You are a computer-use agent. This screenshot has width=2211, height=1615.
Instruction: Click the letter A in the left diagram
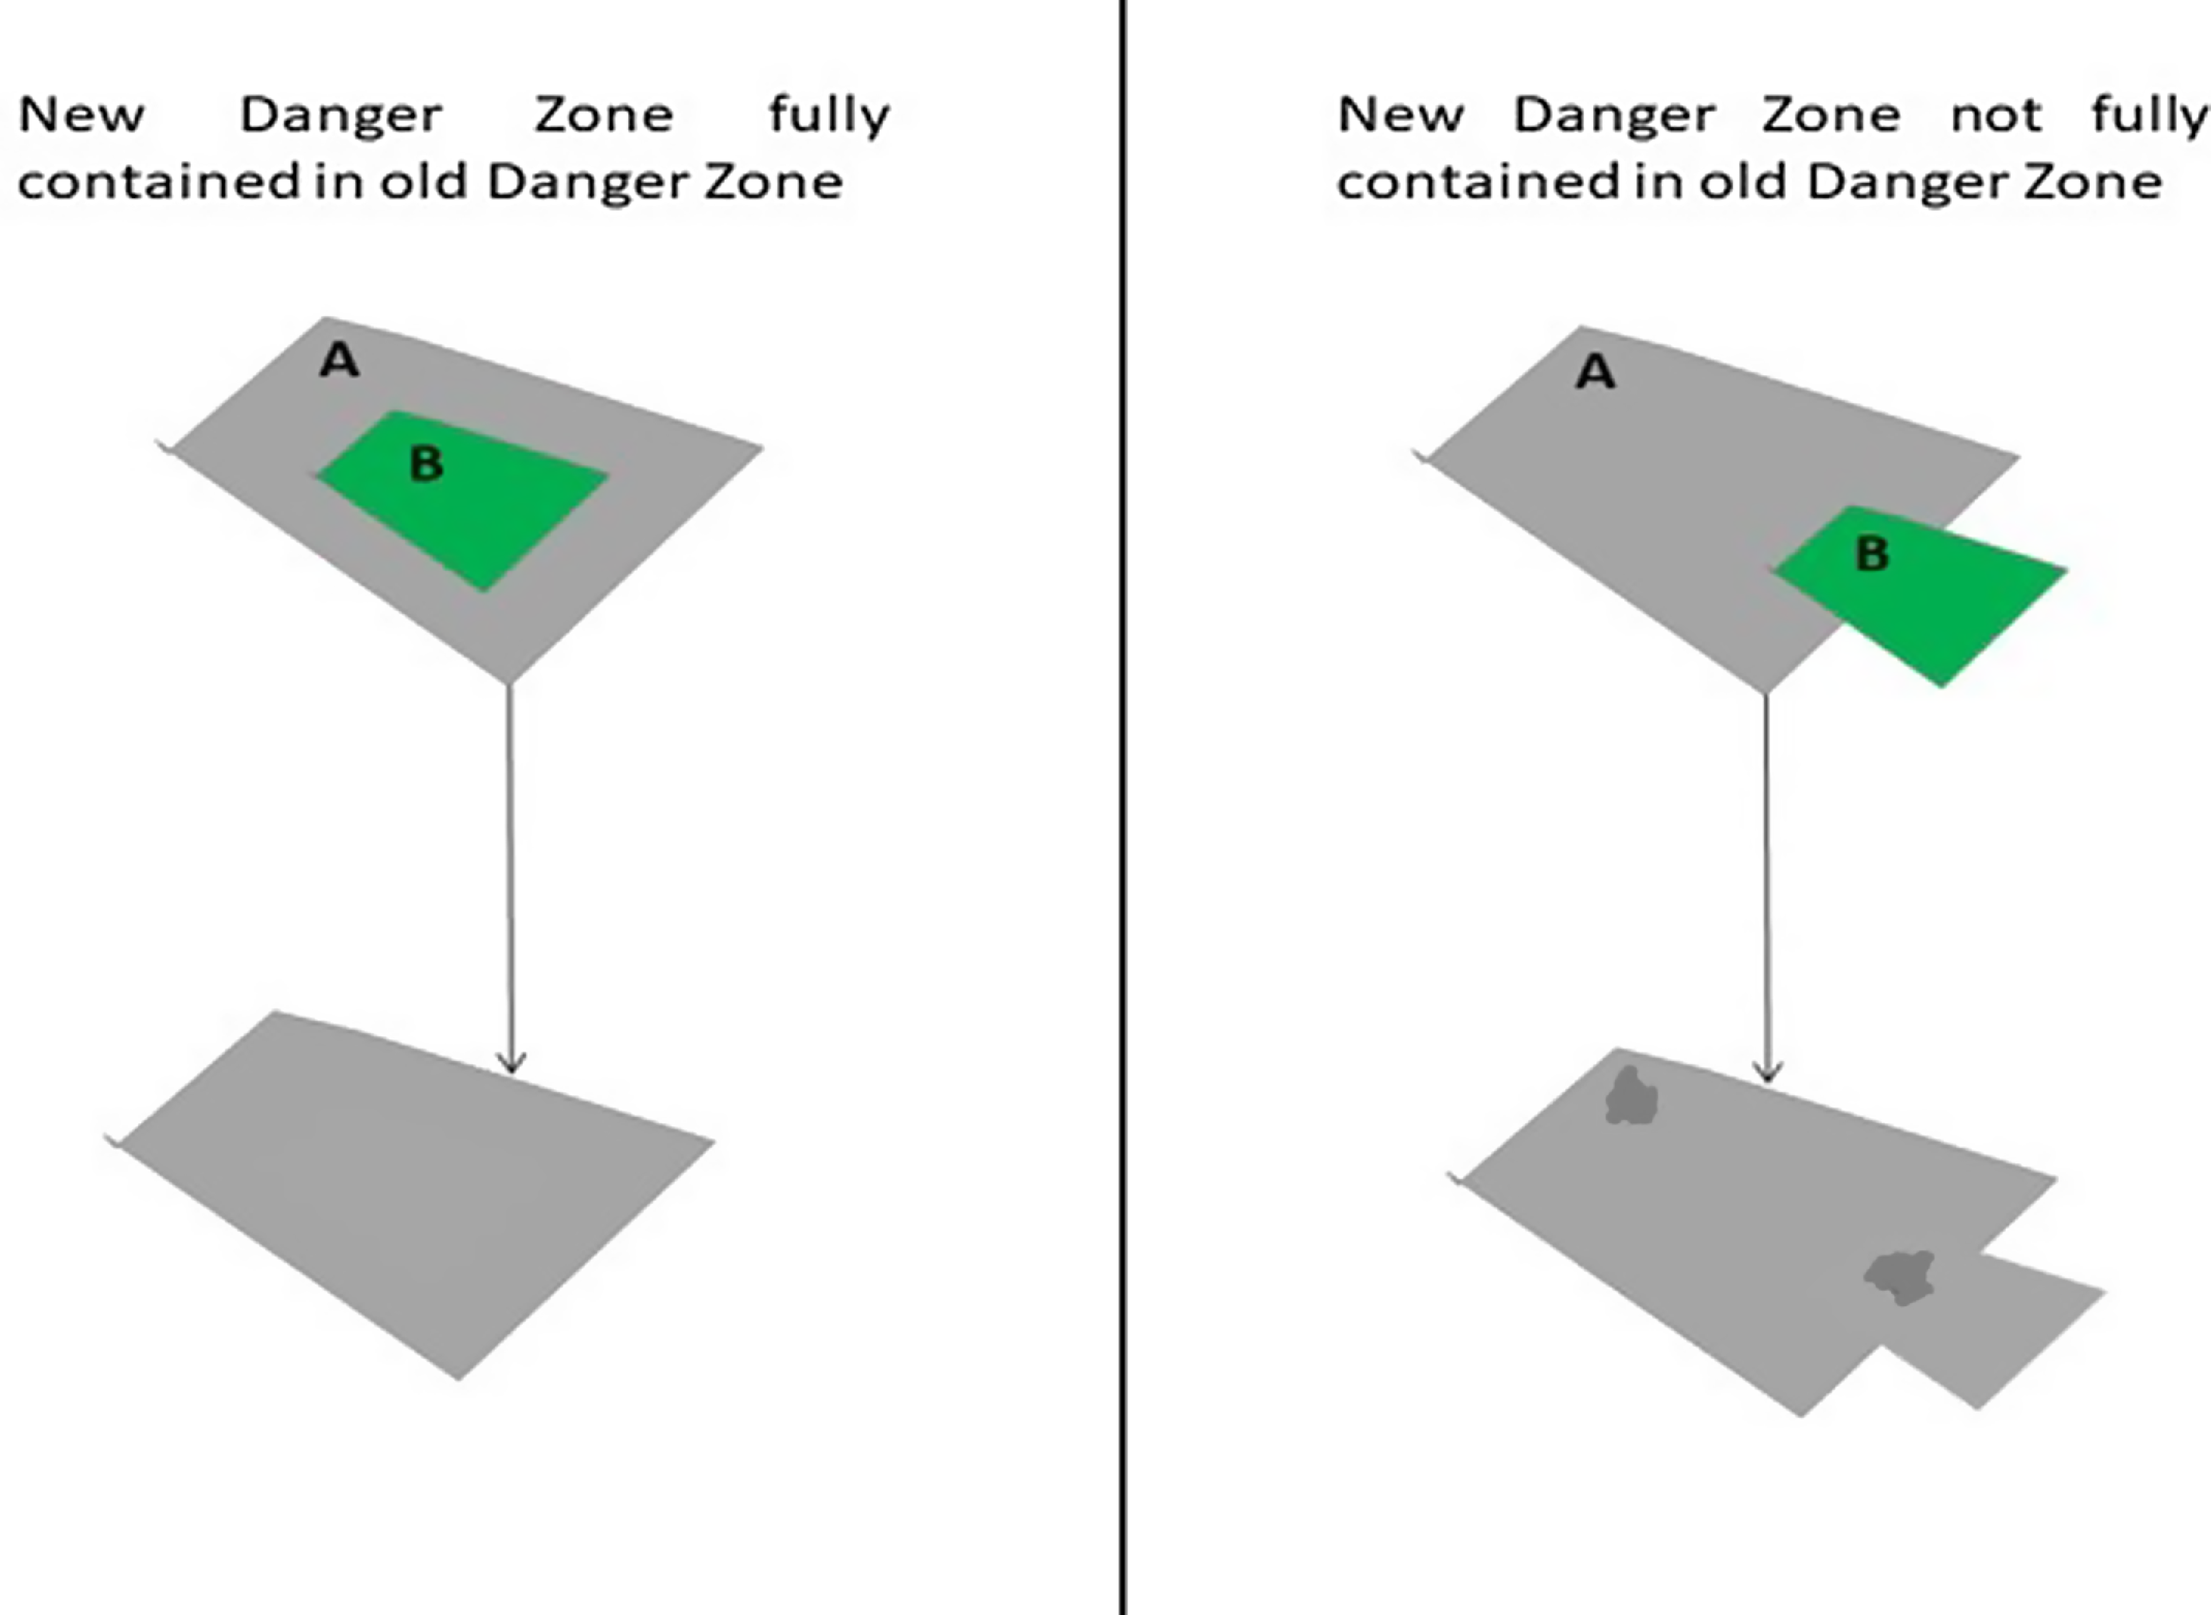339,361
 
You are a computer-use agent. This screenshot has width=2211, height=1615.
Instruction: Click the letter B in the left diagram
426,464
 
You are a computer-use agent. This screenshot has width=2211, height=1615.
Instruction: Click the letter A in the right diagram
1595,372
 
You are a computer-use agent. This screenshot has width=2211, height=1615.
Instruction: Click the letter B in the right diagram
1872,554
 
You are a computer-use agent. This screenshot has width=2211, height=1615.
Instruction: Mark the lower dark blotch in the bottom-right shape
1900,1277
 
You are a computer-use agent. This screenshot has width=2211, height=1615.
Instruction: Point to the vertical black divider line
1124,807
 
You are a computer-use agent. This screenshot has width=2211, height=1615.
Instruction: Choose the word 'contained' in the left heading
158,181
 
